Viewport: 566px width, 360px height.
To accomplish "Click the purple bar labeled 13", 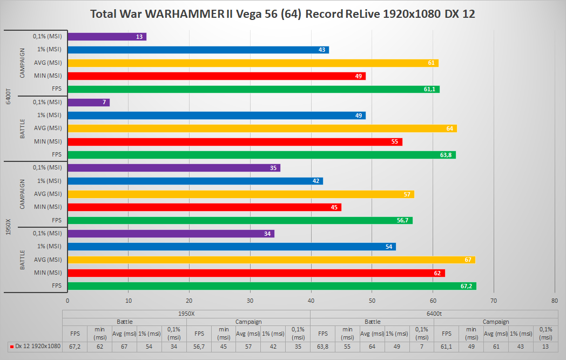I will click(x=107, y=37).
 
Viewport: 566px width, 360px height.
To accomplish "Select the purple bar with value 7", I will click(x=89, y=102).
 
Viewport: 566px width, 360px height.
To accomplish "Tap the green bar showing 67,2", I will click(x=272, y=286).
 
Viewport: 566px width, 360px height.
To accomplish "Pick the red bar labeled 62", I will click(x=256, y=273).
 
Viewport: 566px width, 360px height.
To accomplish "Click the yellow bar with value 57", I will click(x=241, y=194).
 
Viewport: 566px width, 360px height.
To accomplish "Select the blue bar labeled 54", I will click(x=232, y=246).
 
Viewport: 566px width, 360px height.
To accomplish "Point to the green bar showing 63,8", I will click(x=261, y=154).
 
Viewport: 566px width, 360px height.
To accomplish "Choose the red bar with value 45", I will click(x=204, y=207).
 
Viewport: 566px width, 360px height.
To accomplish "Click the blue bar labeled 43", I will click(x=198, y=50).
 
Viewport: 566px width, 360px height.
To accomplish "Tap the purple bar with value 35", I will click(x=174, y=168).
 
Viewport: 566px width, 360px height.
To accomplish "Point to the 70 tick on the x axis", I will click(x=494, y=300).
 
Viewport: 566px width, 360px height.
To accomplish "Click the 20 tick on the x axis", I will click(x=190, y=300).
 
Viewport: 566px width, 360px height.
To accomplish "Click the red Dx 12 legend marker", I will click(x=12, y=346).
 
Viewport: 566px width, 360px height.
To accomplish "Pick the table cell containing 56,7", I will click(x=199, y=346).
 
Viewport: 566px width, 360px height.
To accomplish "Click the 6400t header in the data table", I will click(x=434, y=314).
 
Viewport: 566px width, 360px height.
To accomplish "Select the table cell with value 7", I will click(x=421, y=346).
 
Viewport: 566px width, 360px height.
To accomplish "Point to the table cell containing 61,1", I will click(x=446, y=346).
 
